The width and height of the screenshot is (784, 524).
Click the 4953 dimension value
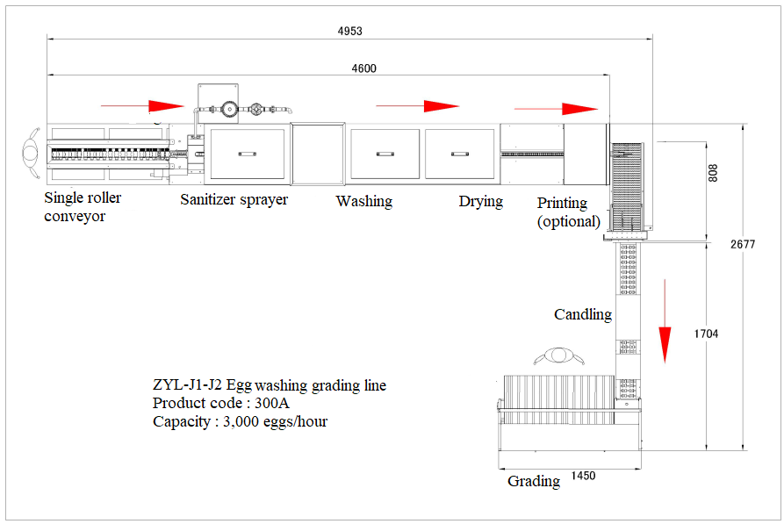pos(349,31)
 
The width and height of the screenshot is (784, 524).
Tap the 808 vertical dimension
pos(713,173)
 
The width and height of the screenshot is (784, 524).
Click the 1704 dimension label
pos(706,334)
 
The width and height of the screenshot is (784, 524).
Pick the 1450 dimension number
pos(583,476)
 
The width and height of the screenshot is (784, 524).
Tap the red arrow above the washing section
pos(417,106)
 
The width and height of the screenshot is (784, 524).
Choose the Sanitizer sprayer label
pos(234,199)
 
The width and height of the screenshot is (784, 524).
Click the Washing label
pos(363,201)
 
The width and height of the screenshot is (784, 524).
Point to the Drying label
pos(480,201)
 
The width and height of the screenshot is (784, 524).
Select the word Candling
pos(582,314)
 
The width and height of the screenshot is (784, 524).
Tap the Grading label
pos(534,481)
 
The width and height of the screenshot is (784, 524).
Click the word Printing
pos(563,203)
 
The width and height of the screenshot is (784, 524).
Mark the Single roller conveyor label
pos(83,206)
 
